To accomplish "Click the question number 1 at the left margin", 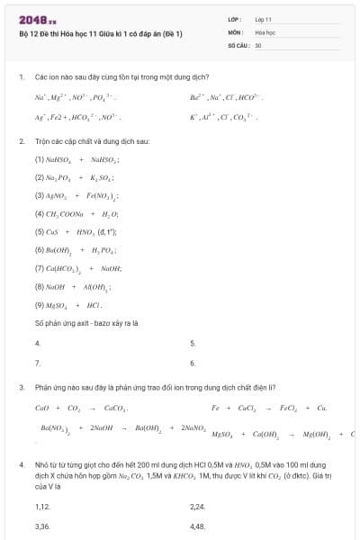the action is (21, 78).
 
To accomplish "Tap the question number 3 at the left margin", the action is (21, 387).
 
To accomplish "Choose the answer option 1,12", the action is (41, 507).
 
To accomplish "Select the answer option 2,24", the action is (198, 507).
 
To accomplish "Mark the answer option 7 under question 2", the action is (37, 363).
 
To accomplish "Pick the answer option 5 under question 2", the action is (193, 343).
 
